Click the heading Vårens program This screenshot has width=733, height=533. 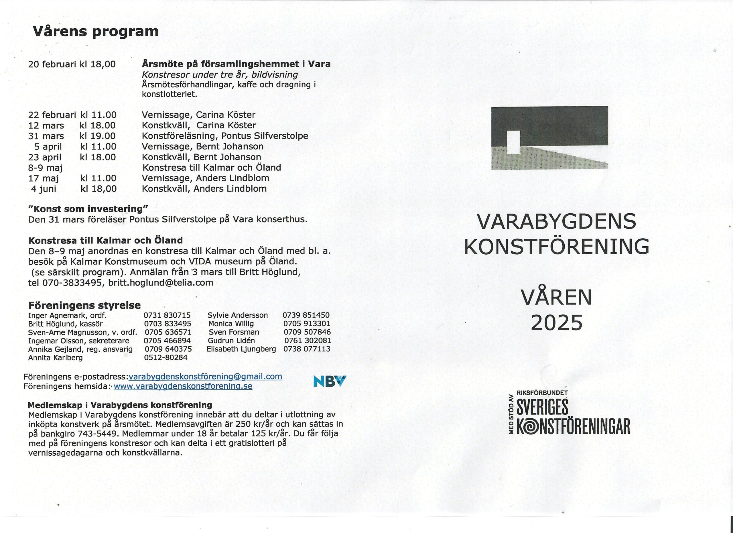tap(96, 31)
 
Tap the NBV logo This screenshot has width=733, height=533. tap(330, 381)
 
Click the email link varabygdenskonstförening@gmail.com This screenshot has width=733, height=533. tap(205, 377)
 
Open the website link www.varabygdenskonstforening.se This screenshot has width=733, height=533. tap(183, 386)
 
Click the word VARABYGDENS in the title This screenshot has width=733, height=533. tap(557, 222)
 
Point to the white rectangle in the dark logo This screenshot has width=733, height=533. tap(514, 142)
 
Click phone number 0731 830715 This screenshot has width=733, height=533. tap(167, 315)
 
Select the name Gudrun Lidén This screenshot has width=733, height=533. tap(231, 340)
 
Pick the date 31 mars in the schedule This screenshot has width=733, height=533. tap(46, 136)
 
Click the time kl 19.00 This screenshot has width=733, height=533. tap(98, 136)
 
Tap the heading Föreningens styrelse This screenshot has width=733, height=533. tap(84, 305)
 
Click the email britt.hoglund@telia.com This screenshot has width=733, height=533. tap(161, 282)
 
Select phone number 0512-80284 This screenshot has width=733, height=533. tap(166, 357)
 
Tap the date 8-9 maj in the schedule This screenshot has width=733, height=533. tap(45, 168)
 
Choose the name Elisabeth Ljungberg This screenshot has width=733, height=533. tap(241, 349)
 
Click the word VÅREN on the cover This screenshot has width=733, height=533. tap(557, 298)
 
